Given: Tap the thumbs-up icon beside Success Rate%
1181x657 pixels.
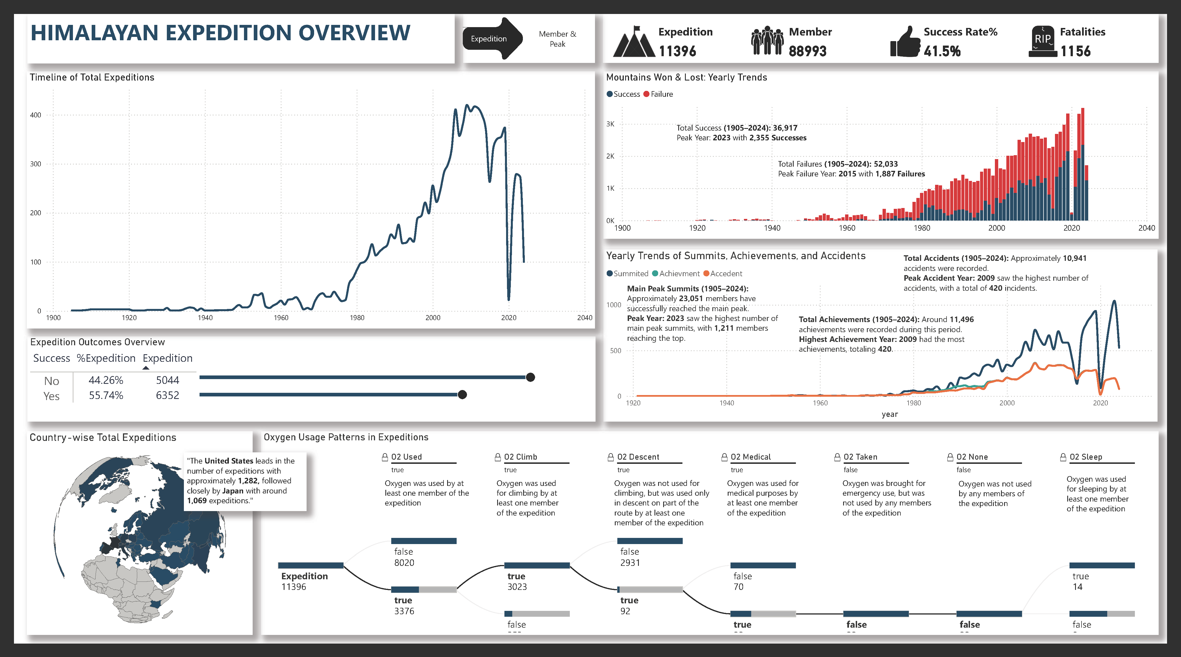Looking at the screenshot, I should (905, 42).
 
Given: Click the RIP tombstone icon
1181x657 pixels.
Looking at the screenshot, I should (1043, 42).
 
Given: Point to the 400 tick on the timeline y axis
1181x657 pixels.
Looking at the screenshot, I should (36, 115).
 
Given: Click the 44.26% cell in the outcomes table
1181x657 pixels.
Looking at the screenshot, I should (106, 380).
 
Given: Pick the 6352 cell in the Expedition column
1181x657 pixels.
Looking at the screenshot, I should (167, 396).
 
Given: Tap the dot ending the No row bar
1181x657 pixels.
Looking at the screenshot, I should (530, 377).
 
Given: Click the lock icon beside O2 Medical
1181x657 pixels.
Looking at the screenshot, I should (724, 457).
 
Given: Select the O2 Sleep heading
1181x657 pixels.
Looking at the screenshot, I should (1086, 457).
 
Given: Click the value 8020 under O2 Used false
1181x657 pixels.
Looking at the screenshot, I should (404, 563).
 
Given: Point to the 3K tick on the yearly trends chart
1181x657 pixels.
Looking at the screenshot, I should (610, 124).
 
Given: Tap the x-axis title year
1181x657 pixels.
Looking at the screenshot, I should (890, 414).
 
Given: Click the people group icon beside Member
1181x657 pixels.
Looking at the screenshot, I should (767, 41).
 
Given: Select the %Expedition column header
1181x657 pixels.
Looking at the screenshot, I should (106, 358).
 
